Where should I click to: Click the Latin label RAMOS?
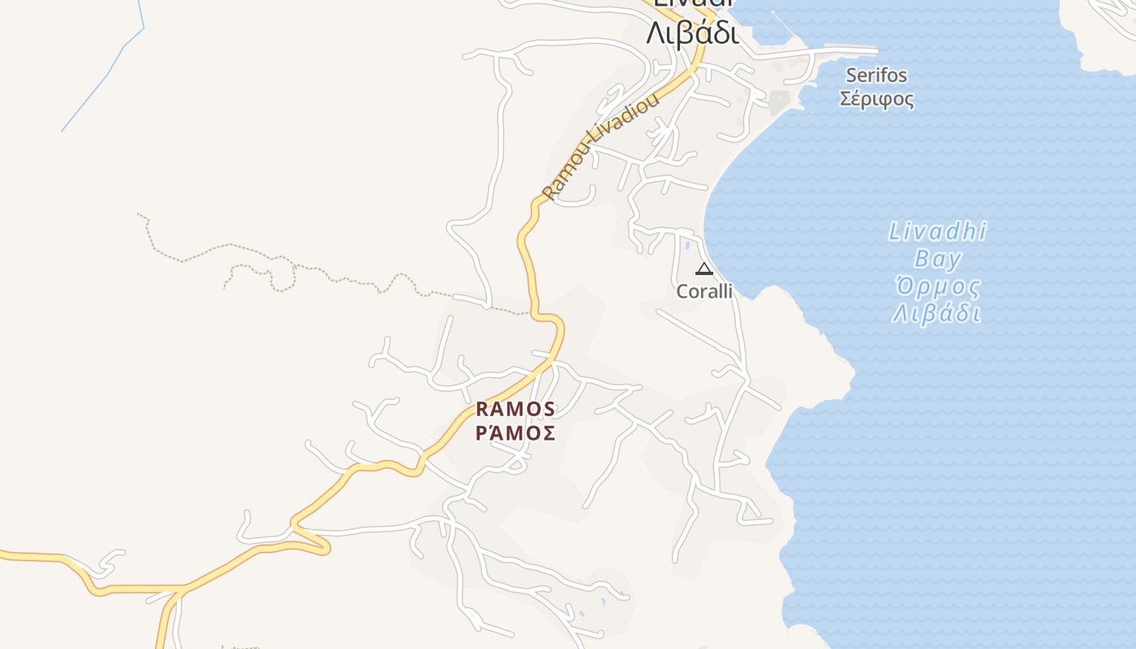515,408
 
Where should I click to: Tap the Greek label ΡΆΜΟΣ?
515,432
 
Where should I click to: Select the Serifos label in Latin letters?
876,75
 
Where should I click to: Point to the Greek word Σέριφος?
876,100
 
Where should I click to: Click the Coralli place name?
704,291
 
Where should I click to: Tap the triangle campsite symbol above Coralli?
704,269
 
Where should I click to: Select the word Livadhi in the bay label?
937,232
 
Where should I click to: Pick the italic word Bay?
937,260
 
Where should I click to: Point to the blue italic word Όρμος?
937,287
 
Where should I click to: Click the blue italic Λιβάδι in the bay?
937,314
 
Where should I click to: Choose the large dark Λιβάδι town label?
692,34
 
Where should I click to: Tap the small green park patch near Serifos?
779,101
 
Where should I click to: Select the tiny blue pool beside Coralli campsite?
687,244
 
